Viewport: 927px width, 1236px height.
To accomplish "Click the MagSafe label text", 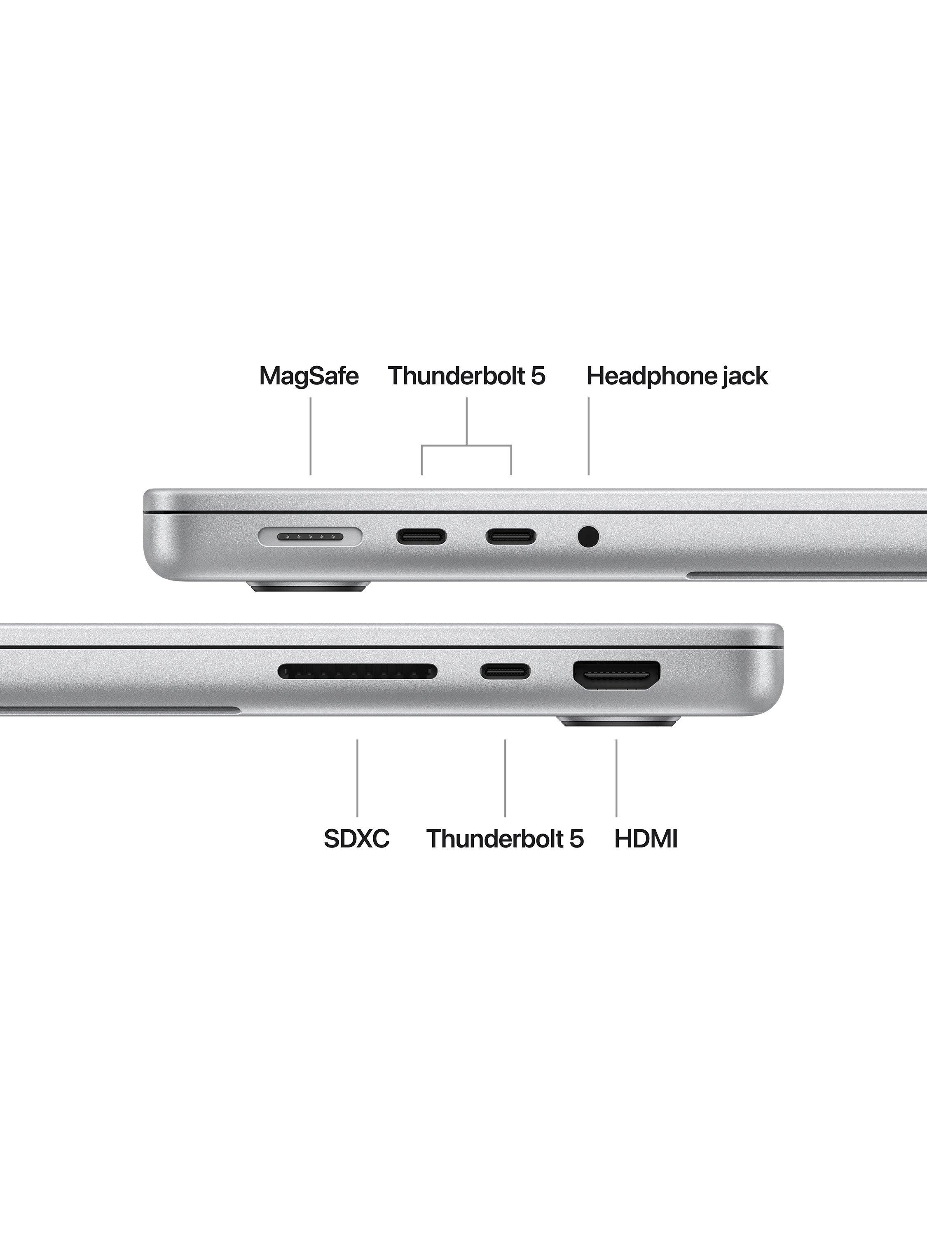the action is (309, 376).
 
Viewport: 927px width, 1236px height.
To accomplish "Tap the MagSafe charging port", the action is (310, 538).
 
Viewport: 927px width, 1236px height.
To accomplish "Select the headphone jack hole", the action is (588, 538).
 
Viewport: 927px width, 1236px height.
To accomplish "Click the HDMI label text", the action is (646, 854).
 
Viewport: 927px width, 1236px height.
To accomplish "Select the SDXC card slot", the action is (358, 672).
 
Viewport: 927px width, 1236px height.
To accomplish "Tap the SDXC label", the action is (356, 854).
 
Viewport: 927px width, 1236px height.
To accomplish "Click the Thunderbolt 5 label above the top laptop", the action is (466, 376).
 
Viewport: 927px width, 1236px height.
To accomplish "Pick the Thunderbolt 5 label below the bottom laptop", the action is (505, 854).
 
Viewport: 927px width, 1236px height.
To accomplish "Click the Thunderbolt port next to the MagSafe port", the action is (422, 538).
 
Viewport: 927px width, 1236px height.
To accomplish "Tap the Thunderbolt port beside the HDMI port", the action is (506, 672).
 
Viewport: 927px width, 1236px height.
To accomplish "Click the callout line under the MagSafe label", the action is (311, 436).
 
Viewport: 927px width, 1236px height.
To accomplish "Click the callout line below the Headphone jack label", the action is (588, 436).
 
